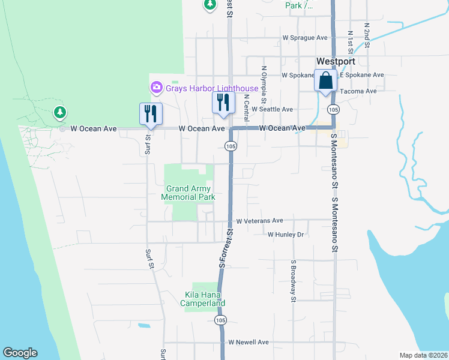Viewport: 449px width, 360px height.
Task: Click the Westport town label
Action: (x=336, y=61)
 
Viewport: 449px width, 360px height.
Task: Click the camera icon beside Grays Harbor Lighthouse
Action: (x=157, y=88)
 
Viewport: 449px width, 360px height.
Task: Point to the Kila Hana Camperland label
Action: (x=203, y=299)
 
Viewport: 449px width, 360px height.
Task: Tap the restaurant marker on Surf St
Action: (x=150, y=113)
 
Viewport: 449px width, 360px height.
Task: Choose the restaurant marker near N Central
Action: (x=222, y=103)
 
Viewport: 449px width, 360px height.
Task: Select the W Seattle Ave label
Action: (x=272, y=109)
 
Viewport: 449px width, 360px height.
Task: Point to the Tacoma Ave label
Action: (x=358, y=91)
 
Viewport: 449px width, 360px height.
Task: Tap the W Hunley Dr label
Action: (x=286, y=235)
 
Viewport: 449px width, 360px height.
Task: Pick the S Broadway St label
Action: (x=294, y=280)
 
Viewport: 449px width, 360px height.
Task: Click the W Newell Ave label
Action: (x=248, y=342)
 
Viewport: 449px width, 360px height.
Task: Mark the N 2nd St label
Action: (x=366, y=35)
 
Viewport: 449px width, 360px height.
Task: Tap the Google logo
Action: (x=20, y=353)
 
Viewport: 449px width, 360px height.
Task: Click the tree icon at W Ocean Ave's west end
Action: (x=59, y=112)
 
